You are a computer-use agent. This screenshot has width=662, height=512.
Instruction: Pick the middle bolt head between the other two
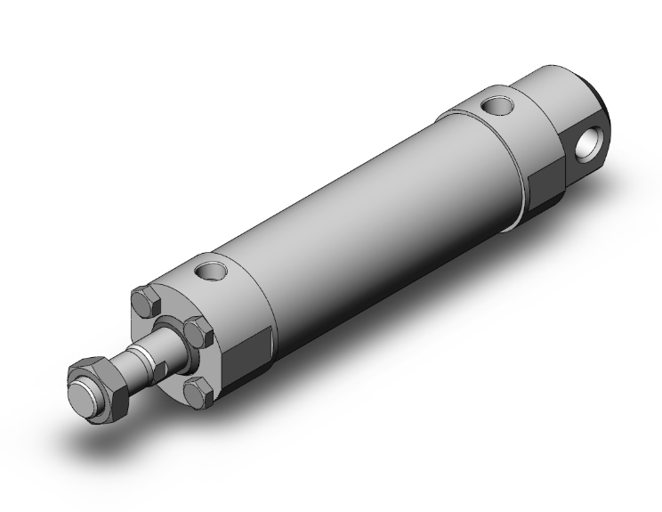(198, 334)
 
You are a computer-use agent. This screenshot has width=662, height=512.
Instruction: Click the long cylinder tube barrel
(374, 214)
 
